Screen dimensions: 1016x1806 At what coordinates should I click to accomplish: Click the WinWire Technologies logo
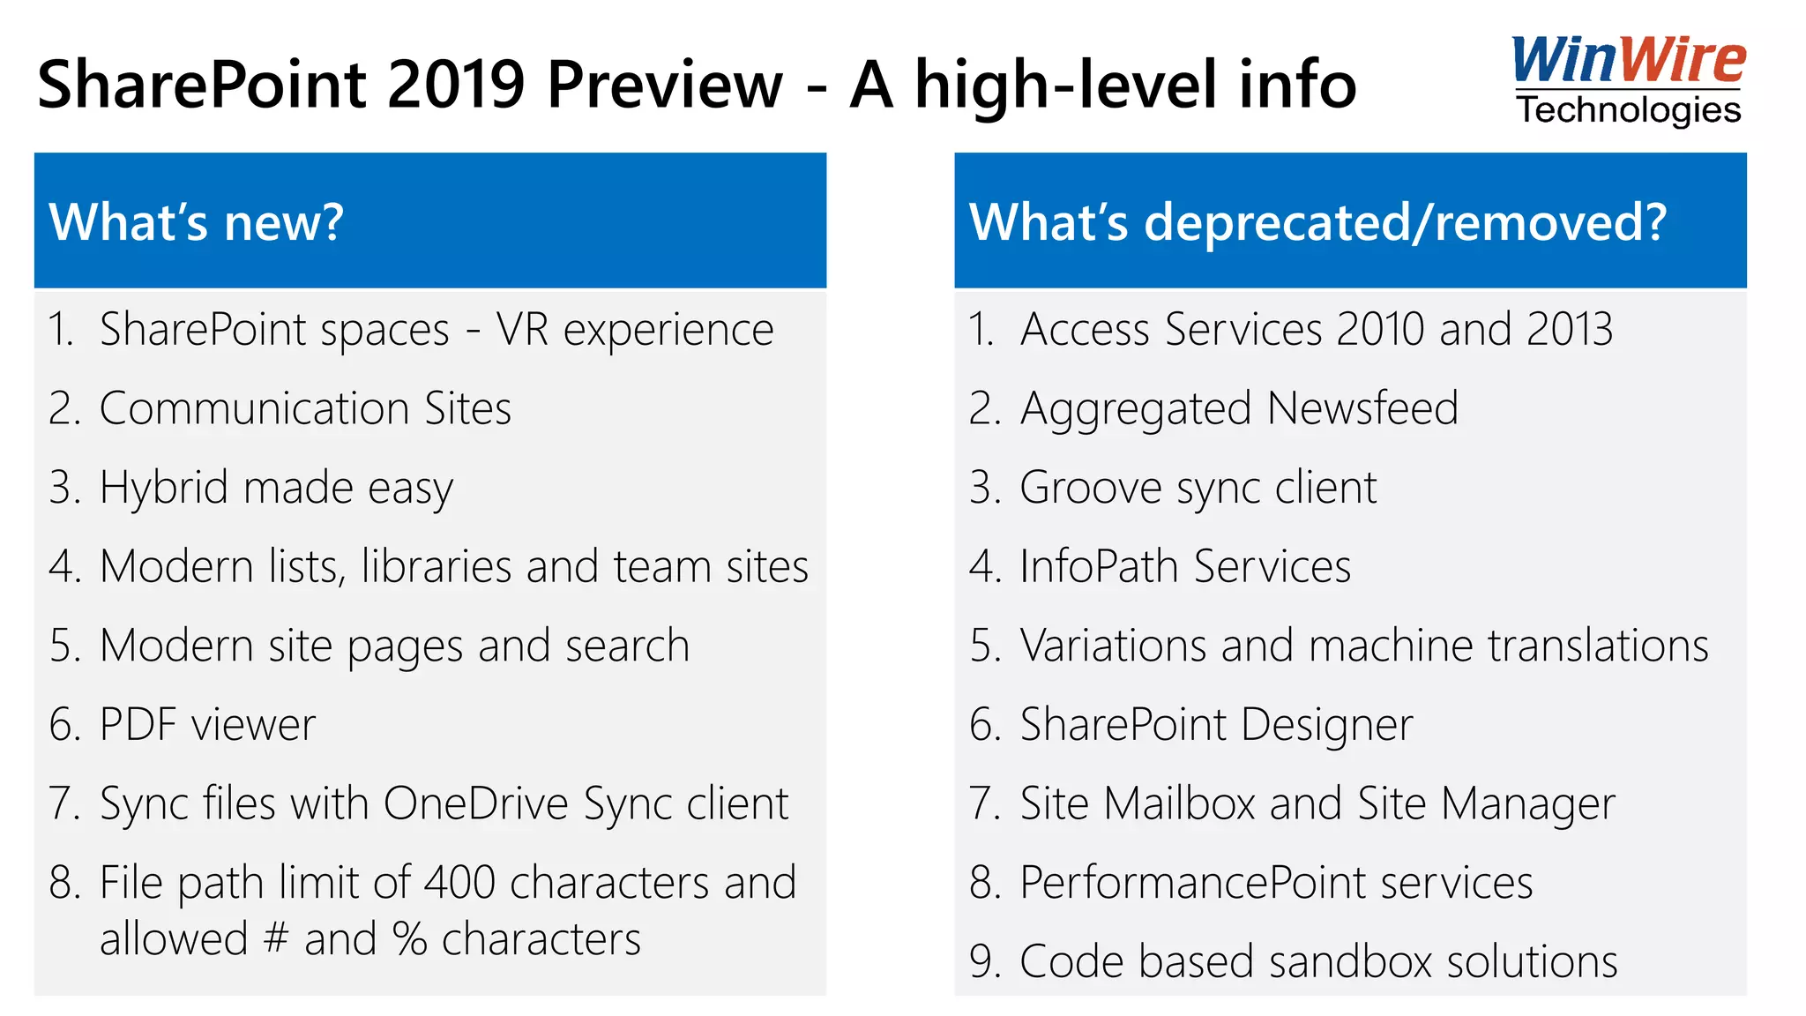coord(1628,81)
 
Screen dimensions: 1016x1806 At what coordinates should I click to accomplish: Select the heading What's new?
coord(196,221)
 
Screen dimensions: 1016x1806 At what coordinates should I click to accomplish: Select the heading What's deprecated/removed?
coord(1317,221)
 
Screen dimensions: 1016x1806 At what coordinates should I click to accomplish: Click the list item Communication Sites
coord(305,408)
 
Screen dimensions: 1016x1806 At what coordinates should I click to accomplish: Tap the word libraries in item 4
coord(436,566)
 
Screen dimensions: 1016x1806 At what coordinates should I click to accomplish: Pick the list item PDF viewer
coord(207,725)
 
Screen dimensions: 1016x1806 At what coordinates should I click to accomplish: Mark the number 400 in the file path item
coord(459,883)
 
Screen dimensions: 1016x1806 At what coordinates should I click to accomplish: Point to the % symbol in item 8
coord(410,938)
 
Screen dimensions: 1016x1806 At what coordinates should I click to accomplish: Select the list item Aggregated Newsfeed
coord(1239,408)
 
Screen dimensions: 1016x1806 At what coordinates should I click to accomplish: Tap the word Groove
coord(1091,488)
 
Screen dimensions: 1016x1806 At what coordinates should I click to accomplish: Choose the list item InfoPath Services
coord(1185,566)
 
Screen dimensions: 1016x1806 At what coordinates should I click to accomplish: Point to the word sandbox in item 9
coord(1350,961)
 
